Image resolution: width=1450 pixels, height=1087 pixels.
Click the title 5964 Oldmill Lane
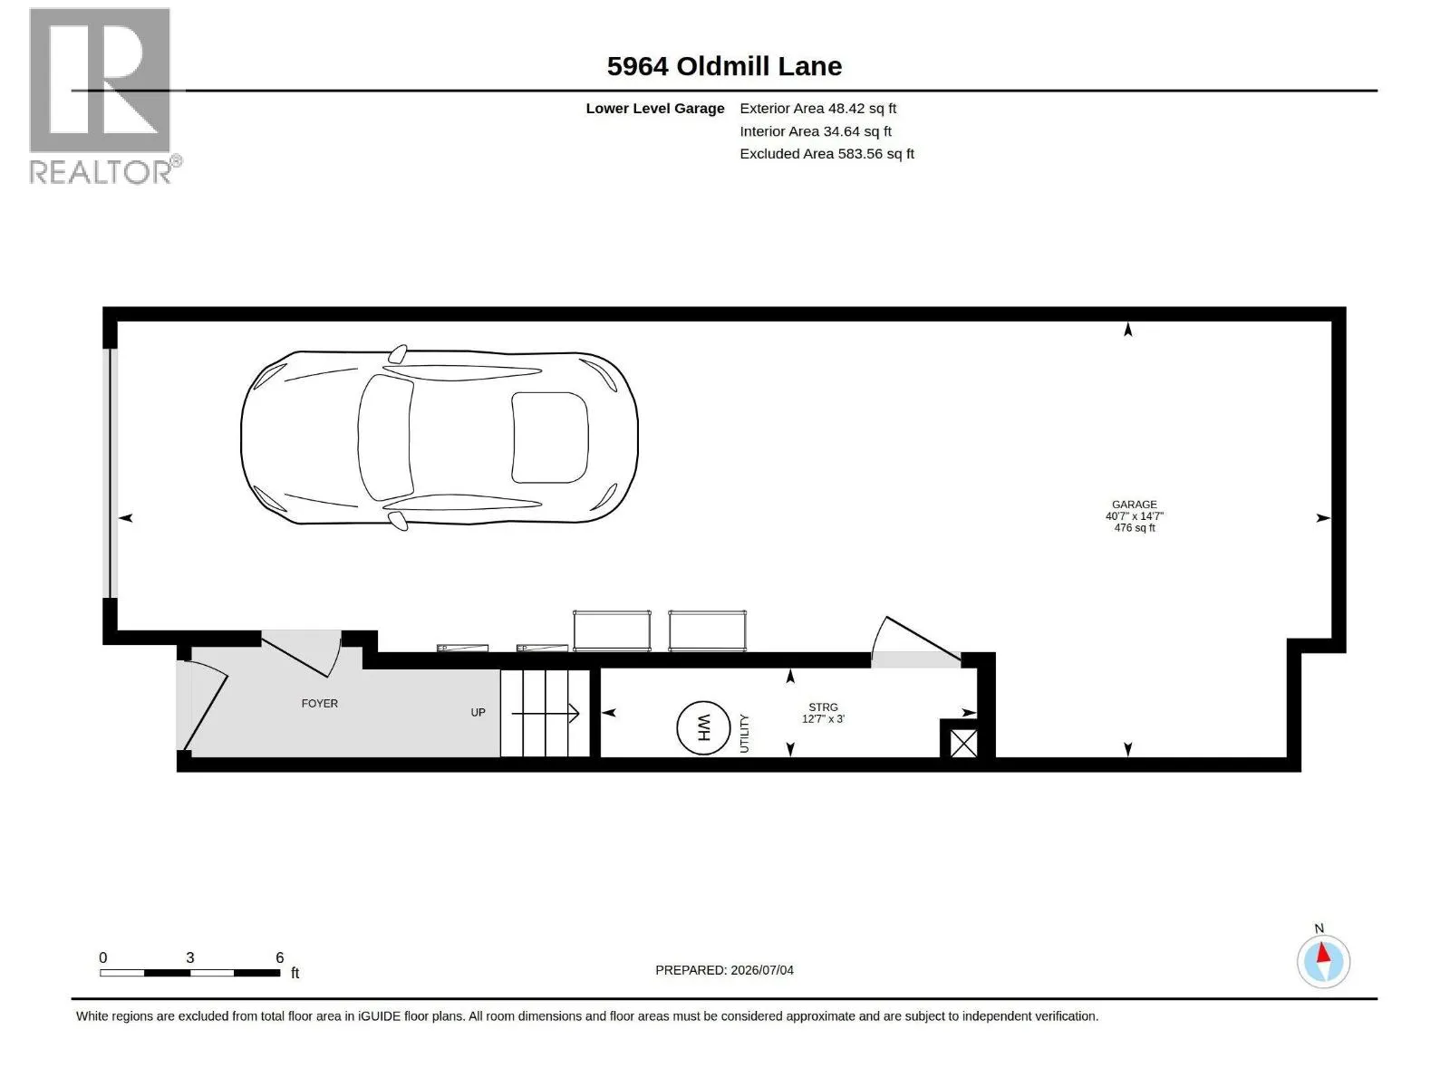[x=724, y=66]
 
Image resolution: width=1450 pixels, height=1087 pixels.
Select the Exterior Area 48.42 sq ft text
[x=817, y=108]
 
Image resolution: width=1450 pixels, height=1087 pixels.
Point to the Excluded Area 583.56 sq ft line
[x=826, y=154]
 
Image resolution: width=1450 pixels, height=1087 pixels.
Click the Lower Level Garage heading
[x=654, y=109]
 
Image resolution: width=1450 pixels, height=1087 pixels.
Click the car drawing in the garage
[x=440, y=438]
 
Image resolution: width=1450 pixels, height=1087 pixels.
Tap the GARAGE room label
[x=1134, y=505]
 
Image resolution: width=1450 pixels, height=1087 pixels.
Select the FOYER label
[x=319, y=704]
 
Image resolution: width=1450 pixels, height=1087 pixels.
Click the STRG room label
[x=823, y=707]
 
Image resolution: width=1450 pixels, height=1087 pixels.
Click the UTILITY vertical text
[x=745, y=733]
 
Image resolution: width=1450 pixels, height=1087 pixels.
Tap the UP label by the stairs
[x=478, y=713]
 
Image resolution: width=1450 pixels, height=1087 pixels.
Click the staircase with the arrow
[x=545, y=713]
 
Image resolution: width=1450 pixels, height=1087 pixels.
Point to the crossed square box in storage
[x=963, y=744]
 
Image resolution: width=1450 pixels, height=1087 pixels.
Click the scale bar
[x=189, y=973]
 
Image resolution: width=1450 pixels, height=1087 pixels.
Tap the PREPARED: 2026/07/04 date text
[x=724, y=970]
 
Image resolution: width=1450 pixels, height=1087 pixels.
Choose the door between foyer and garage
[x=302, y=653]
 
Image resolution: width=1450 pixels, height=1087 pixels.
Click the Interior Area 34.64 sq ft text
[x=815, y=131]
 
